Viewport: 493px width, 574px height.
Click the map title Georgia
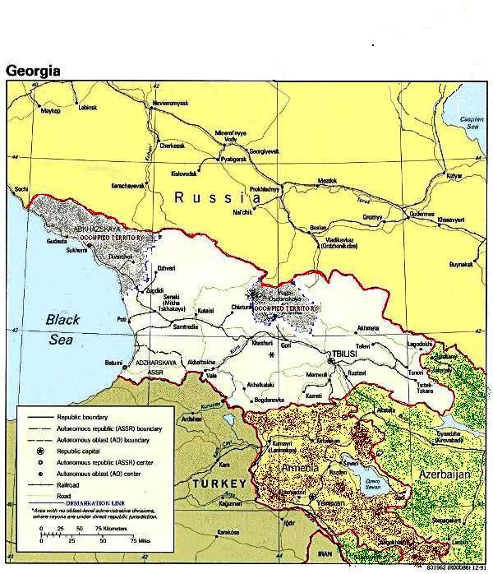pos(34,70)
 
